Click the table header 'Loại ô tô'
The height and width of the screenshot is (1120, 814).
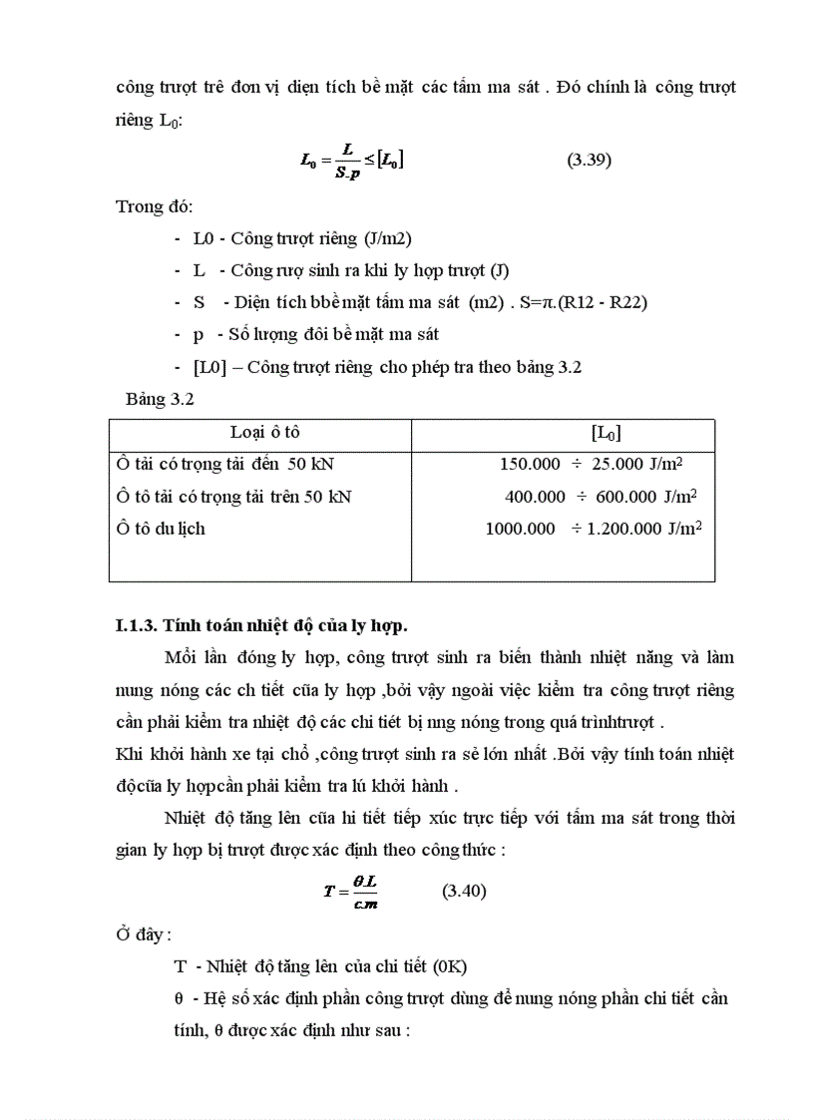point(264,432)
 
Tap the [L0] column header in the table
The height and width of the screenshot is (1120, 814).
point(607,432)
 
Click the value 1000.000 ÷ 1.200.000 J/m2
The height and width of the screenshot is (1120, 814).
point(594,529)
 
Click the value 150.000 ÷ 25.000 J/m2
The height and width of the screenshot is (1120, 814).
point(591,464)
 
